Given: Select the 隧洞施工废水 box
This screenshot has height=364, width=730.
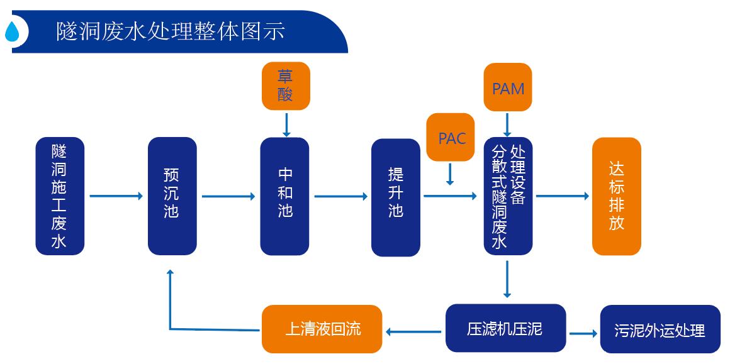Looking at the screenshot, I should [60, 196].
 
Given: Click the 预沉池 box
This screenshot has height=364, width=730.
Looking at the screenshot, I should [172, 196].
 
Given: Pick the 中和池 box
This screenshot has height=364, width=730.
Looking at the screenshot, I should [284, 196].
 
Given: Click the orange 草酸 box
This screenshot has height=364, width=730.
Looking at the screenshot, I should [286, 85].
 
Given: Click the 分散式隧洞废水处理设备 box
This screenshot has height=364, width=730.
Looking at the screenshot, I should [508, 196].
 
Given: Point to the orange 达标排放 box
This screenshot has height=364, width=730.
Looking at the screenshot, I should [616, 196].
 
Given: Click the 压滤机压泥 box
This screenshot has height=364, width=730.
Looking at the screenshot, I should [505, 328].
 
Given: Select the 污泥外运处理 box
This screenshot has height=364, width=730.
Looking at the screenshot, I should [660, 330].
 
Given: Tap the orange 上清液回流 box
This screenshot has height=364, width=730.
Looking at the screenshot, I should [322, 329].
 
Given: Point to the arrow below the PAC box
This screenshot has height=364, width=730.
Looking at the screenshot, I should [450, 174].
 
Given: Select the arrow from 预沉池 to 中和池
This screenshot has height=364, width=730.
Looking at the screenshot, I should [228, 197].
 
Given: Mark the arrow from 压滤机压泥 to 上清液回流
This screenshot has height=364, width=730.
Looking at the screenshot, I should [413, 329].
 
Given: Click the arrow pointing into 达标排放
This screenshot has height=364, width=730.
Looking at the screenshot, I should [562, 196].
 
